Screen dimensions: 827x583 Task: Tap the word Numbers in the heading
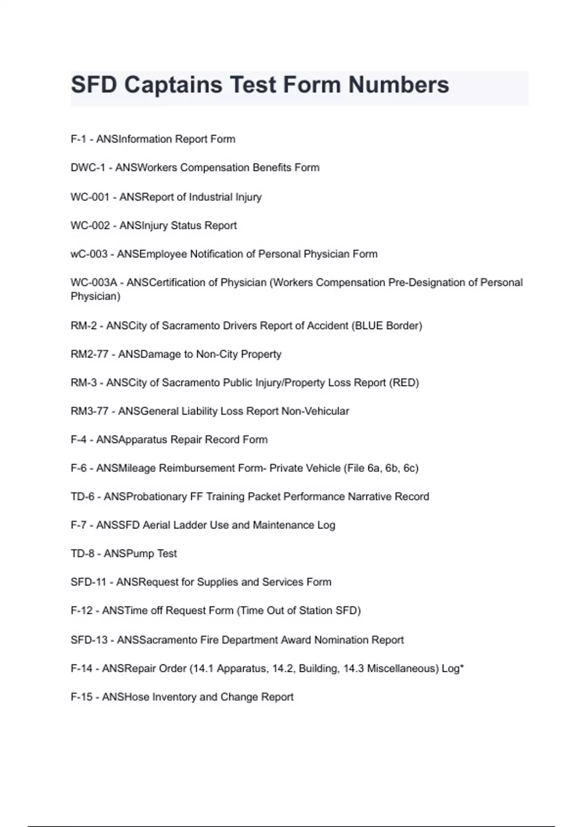tap(398, 85)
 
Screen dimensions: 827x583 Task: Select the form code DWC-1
tap(87, 168)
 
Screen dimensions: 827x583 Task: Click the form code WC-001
tap(90, 197)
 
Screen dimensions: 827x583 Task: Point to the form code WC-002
tap(90, 226)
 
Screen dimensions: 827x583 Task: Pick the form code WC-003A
tap(94, 283)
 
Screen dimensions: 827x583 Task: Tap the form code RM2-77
tap(89, 354)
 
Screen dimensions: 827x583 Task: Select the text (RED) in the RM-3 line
tap(404, 383)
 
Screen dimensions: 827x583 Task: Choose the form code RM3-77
tap(89, 412)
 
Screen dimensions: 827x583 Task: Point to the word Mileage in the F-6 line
tap(137, 468)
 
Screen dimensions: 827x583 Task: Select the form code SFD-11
tap(88, 582)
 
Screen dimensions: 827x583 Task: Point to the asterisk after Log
tap(462, 667)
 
